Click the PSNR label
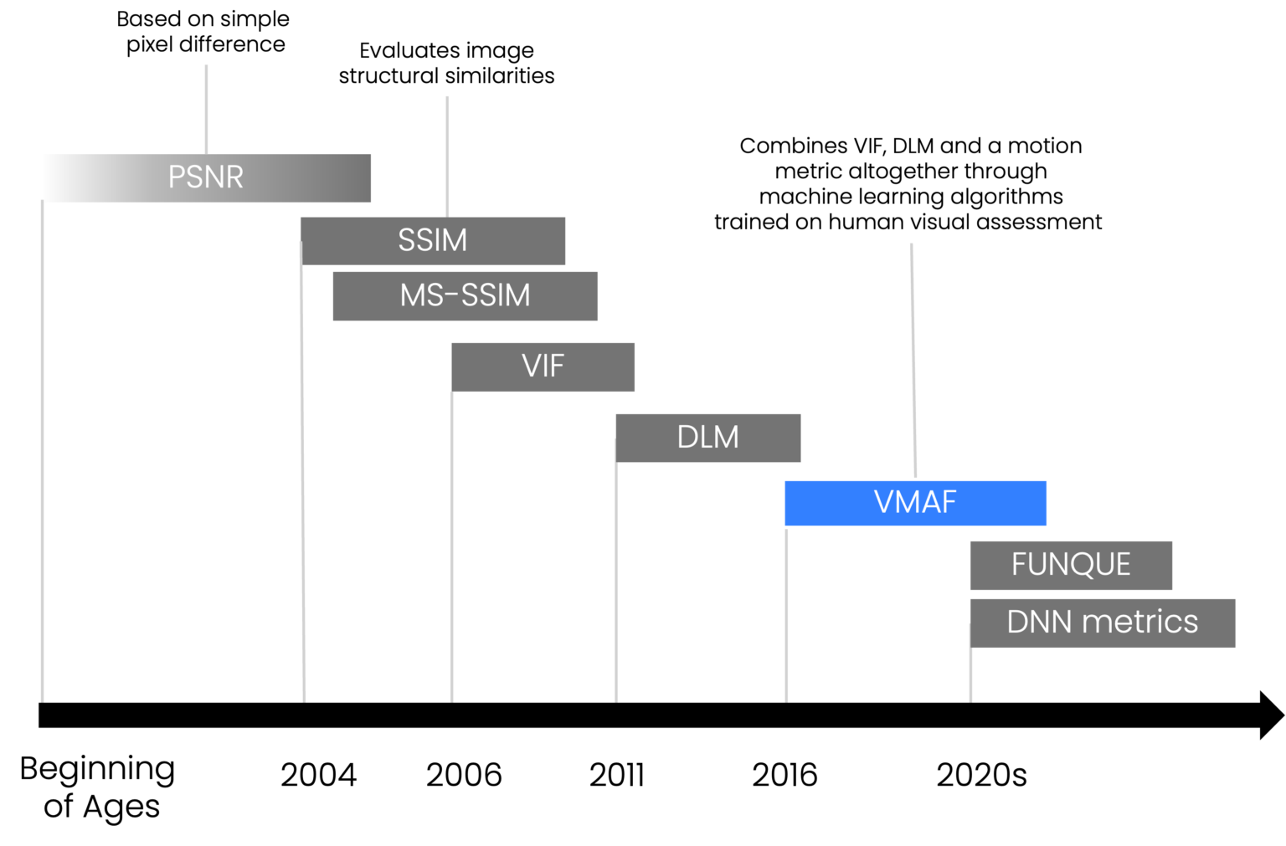(x=206, y=177)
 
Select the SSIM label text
(x=432, y=241)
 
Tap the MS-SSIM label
(x=465, y=295)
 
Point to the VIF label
(x=543, y=366)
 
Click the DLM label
(x=707, y=437)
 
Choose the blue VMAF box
(x=915, y=503)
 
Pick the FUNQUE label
(x=1071, y=565)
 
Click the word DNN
(x=1040, y=622)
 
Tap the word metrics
(x=1140, y=622)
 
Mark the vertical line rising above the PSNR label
(x=206, y=109)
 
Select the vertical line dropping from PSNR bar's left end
(x=42, y=452)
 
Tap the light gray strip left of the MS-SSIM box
(x=317, y=288)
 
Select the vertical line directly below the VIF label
(x=451, y=544)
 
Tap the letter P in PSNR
(x=176, y=177)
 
